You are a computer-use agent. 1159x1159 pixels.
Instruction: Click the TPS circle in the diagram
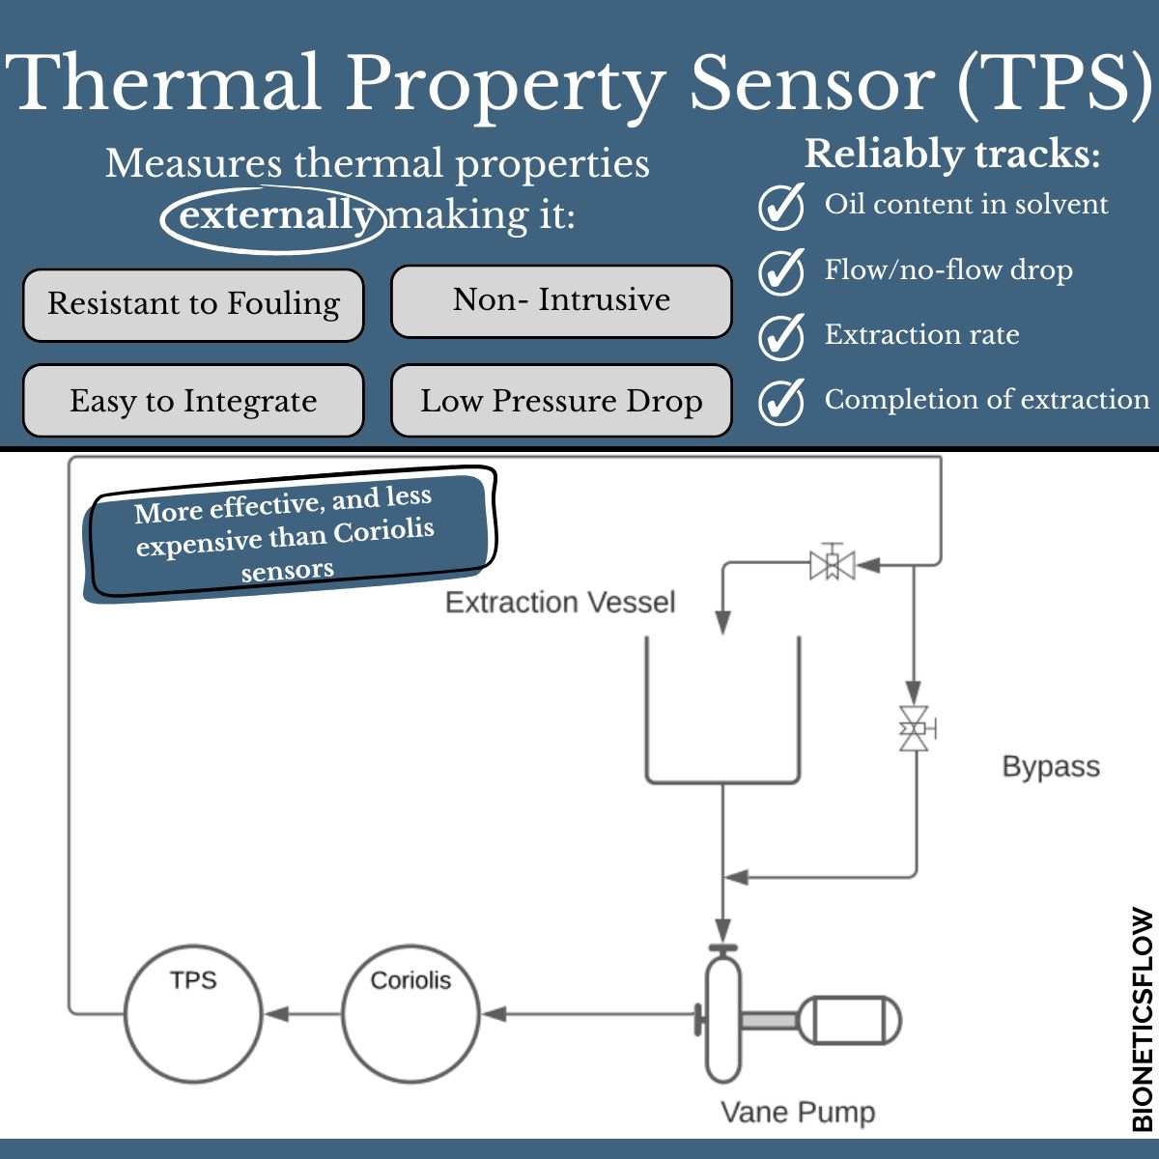click(x=193, y=1013)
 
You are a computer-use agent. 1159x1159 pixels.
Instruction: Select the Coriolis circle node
click(x=410, y=1013)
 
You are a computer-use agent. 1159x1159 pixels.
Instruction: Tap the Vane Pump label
click(x=798, y=1112)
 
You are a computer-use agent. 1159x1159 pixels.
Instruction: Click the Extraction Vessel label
click(x=560, y=603)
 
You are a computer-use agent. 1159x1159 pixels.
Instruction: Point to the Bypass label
click(x=1051, y=767)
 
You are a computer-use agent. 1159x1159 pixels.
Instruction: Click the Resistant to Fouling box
click(x=193, y=304)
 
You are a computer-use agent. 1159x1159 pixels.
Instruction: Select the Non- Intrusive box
click(x=561, y=300)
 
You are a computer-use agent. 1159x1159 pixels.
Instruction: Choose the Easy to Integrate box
click(x=193, y=401)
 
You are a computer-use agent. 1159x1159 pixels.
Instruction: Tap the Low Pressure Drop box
click(x=561, y=401)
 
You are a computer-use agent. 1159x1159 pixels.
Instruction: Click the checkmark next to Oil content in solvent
click(x=780, y=206)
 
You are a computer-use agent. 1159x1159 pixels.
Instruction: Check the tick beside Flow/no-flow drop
click(x=780, y=271)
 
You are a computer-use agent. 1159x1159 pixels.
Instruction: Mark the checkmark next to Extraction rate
click(x=780, y=336)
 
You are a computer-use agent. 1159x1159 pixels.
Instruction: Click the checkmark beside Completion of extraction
click(x=780, y=401)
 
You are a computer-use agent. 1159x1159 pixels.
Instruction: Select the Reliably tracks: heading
click(x=952, y=155)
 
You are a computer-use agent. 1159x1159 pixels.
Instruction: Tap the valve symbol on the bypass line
click(x=914, y=727)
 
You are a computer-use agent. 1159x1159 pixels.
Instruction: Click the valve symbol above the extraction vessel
click(x=832, y=564)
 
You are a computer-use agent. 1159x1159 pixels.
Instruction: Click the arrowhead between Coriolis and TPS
click(x=276, y=1014)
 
